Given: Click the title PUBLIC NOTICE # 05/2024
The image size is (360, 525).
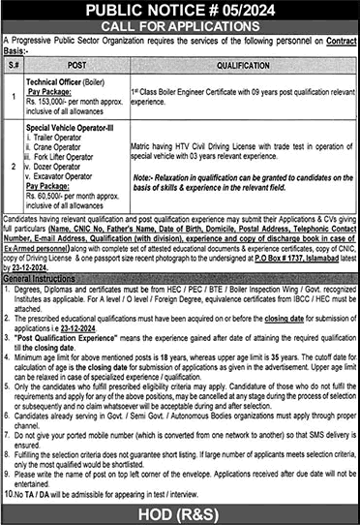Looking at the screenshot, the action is pyautogui.click(x=180, y=11).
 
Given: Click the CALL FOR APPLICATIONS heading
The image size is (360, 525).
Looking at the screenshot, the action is pyautogui.click(x=180, y=28).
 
